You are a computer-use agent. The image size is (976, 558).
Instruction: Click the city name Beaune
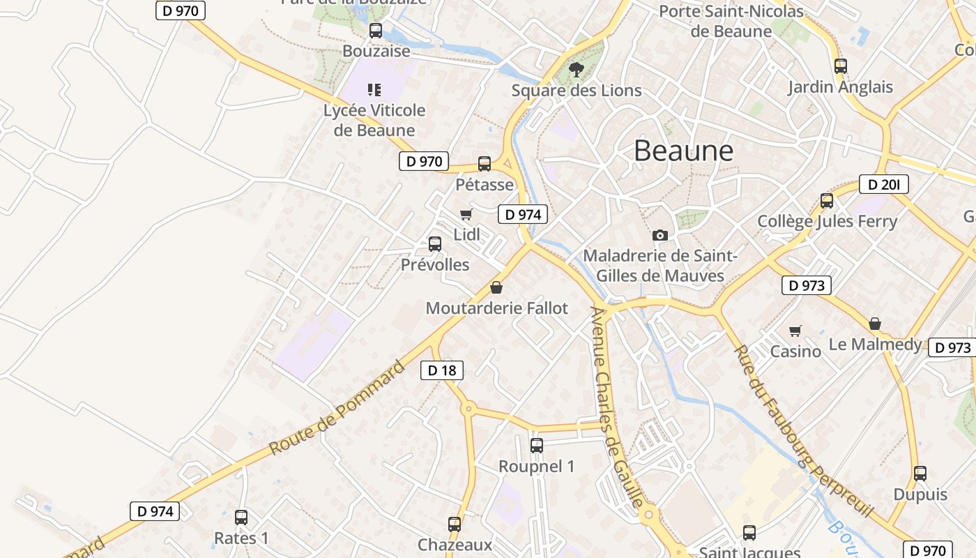tap(683, 151)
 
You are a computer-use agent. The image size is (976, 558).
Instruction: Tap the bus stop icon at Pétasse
tap(485, 164)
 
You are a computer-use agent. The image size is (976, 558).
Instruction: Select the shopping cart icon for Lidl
tap(466, 215)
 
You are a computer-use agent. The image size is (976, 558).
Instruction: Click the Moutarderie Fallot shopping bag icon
tap(496, 287)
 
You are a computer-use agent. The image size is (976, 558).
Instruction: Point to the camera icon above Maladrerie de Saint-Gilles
tap(659, 235)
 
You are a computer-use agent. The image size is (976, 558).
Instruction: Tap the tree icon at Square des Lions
tap(576, 69)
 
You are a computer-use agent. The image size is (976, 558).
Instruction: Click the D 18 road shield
tap(442, 370)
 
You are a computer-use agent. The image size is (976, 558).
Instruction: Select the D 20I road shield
tap(883, 184)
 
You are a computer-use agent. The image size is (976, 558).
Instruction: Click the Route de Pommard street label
tap(337, 408)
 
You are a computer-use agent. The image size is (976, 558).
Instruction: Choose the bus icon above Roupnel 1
tap(536, 445)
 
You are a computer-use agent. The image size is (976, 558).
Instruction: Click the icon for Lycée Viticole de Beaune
tap(374, 89)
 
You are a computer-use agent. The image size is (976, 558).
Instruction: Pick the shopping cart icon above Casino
tap(795, 331)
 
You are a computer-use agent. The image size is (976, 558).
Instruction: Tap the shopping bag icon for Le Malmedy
tap(874, 324)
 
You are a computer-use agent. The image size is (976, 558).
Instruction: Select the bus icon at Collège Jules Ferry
tap(827, 201)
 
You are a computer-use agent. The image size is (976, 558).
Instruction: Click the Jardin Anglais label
tap(840, 87)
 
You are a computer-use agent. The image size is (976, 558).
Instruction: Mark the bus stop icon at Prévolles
tap(435, 244)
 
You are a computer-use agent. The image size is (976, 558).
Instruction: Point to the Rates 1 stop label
tap(241, 538)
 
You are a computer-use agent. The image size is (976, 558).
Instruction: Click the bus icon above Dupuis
tap(920, 474)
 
